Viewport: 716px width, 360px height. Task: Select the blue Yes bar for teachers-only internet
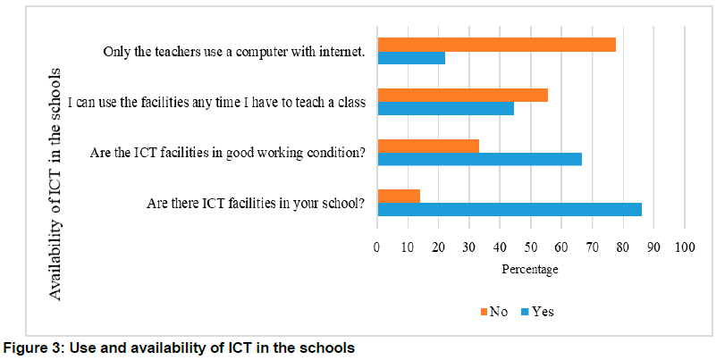coord(411,58)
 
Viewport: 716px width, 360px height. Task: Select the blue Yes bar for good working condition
coord(479,159)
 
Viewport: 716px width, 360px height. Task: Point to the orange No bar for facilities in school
coord(399,196)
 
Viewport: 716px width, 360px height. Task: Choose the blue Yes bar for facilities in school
coord(510,209)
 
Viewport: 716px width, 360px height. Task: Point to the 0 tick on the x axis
coord(377,247)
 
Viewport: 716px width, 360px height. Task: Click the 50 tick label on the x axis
coord(531,247)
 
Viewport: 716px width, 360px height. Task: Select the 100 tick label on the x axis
coord(685,247)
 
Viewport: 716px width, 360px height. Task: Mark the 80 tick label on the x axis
coord(623,247)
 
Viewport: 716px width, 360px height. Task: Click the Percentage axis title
coord(529,269)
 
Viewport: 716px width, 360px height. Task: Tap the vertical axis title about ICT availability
coord(55,183)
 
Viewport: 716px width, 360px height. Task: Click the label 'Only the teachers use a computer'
coord(233,52)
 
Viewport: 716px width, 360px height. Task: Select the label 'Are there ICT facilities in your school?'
coord(256,203)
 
